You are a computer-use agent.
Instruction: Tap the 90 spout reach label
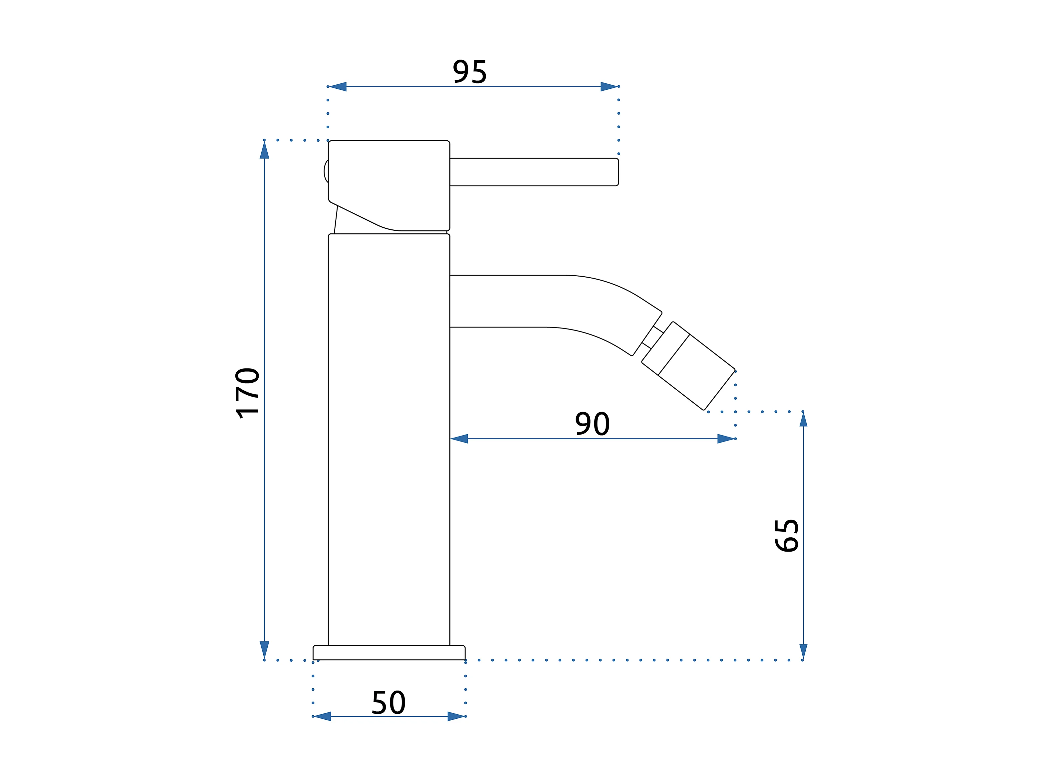coord(592,424)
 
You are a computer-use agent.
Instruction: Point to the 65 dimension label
coord(787,536)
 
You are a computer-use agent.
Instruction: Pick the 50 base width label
coord(389,703)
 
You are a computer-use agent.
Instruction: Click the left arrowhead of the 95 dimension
coord(338,87)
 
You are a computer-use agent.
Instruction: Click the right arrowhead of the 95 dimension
coord(609,87)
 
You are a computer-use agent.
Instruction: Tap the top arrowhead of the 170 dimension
coord(265,150)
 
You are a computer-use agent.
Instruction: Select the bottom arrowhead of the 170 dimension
coord(265,649)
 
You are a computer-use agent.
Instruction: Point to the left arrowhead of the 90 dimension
coord(459,439)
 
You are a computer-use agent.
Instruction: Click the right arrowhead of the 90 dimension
coord(726,439)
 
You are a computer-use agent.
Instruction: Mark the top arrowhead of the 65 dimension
coord(803,419)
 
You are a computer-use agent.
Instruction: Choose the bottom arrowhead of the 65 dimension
coord(803,651)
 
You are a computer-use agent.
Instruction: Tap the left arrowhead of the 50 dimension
coord(322,716)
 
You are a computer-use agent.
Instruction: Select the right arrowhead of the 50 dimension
coord(456,716)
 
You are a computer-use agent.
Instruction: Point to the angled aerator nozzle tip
coord(696,372)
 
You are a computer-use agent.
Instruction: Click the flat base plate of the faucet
coord(389,653)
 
